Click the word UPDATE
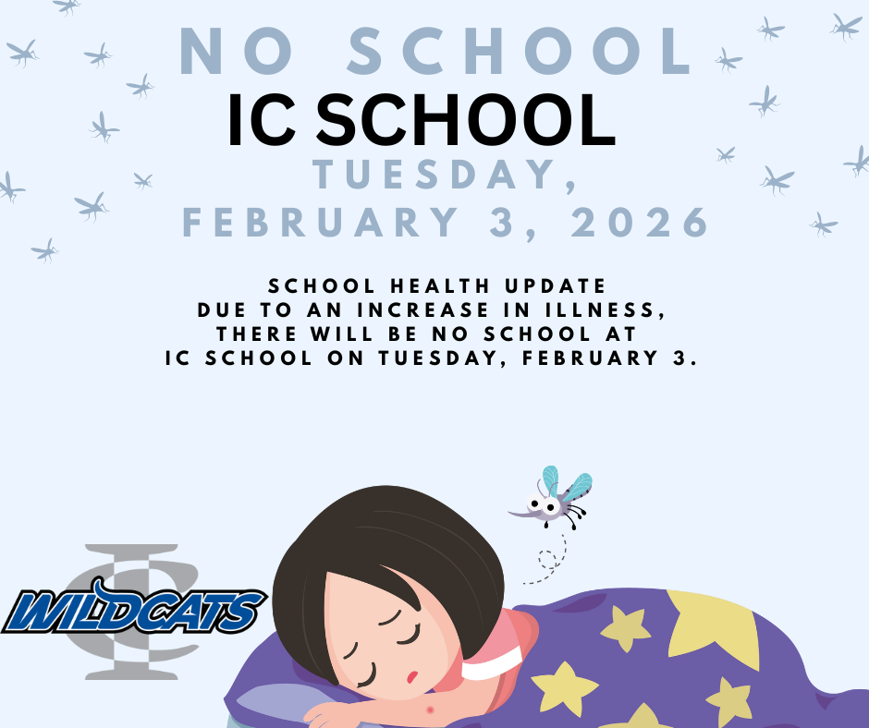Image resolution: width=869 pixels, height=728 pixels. (x=559, y=285)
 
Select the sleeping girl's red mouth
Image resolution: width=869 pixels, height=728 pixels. (x=411, y=676)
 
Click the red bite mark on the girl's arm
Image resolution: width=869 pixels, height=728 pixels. (x=430, y=710)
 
